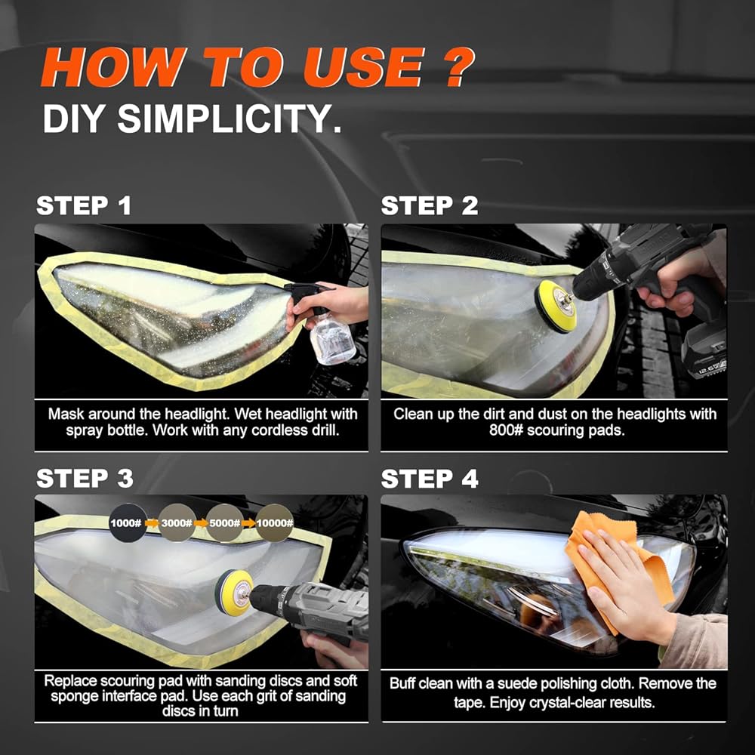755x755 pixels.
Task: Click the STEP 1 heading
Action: click(84, 205)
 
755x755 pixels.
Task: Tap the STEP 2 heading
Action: click(430, 205)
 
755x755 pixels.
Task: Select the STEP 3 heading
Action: click(85, 479)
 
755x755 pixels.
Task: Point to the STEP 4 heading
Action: click(430, 479)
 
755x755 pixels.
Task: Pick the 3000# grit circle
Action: click(177, 523)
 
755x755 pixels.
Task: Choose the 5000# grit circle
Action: click(224, 523)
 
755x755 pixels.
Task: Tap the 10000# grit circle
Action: click(275, 523)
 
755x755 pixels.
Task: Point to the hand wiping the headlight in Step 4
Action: click(626, 587)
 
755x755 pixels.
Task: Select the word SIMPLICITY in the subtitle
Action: click(230, 119)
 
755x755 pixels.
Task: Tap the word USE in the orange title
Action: click(364, 67)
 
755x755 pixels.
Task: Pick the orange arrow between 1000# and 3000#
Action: click(153, 523)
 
